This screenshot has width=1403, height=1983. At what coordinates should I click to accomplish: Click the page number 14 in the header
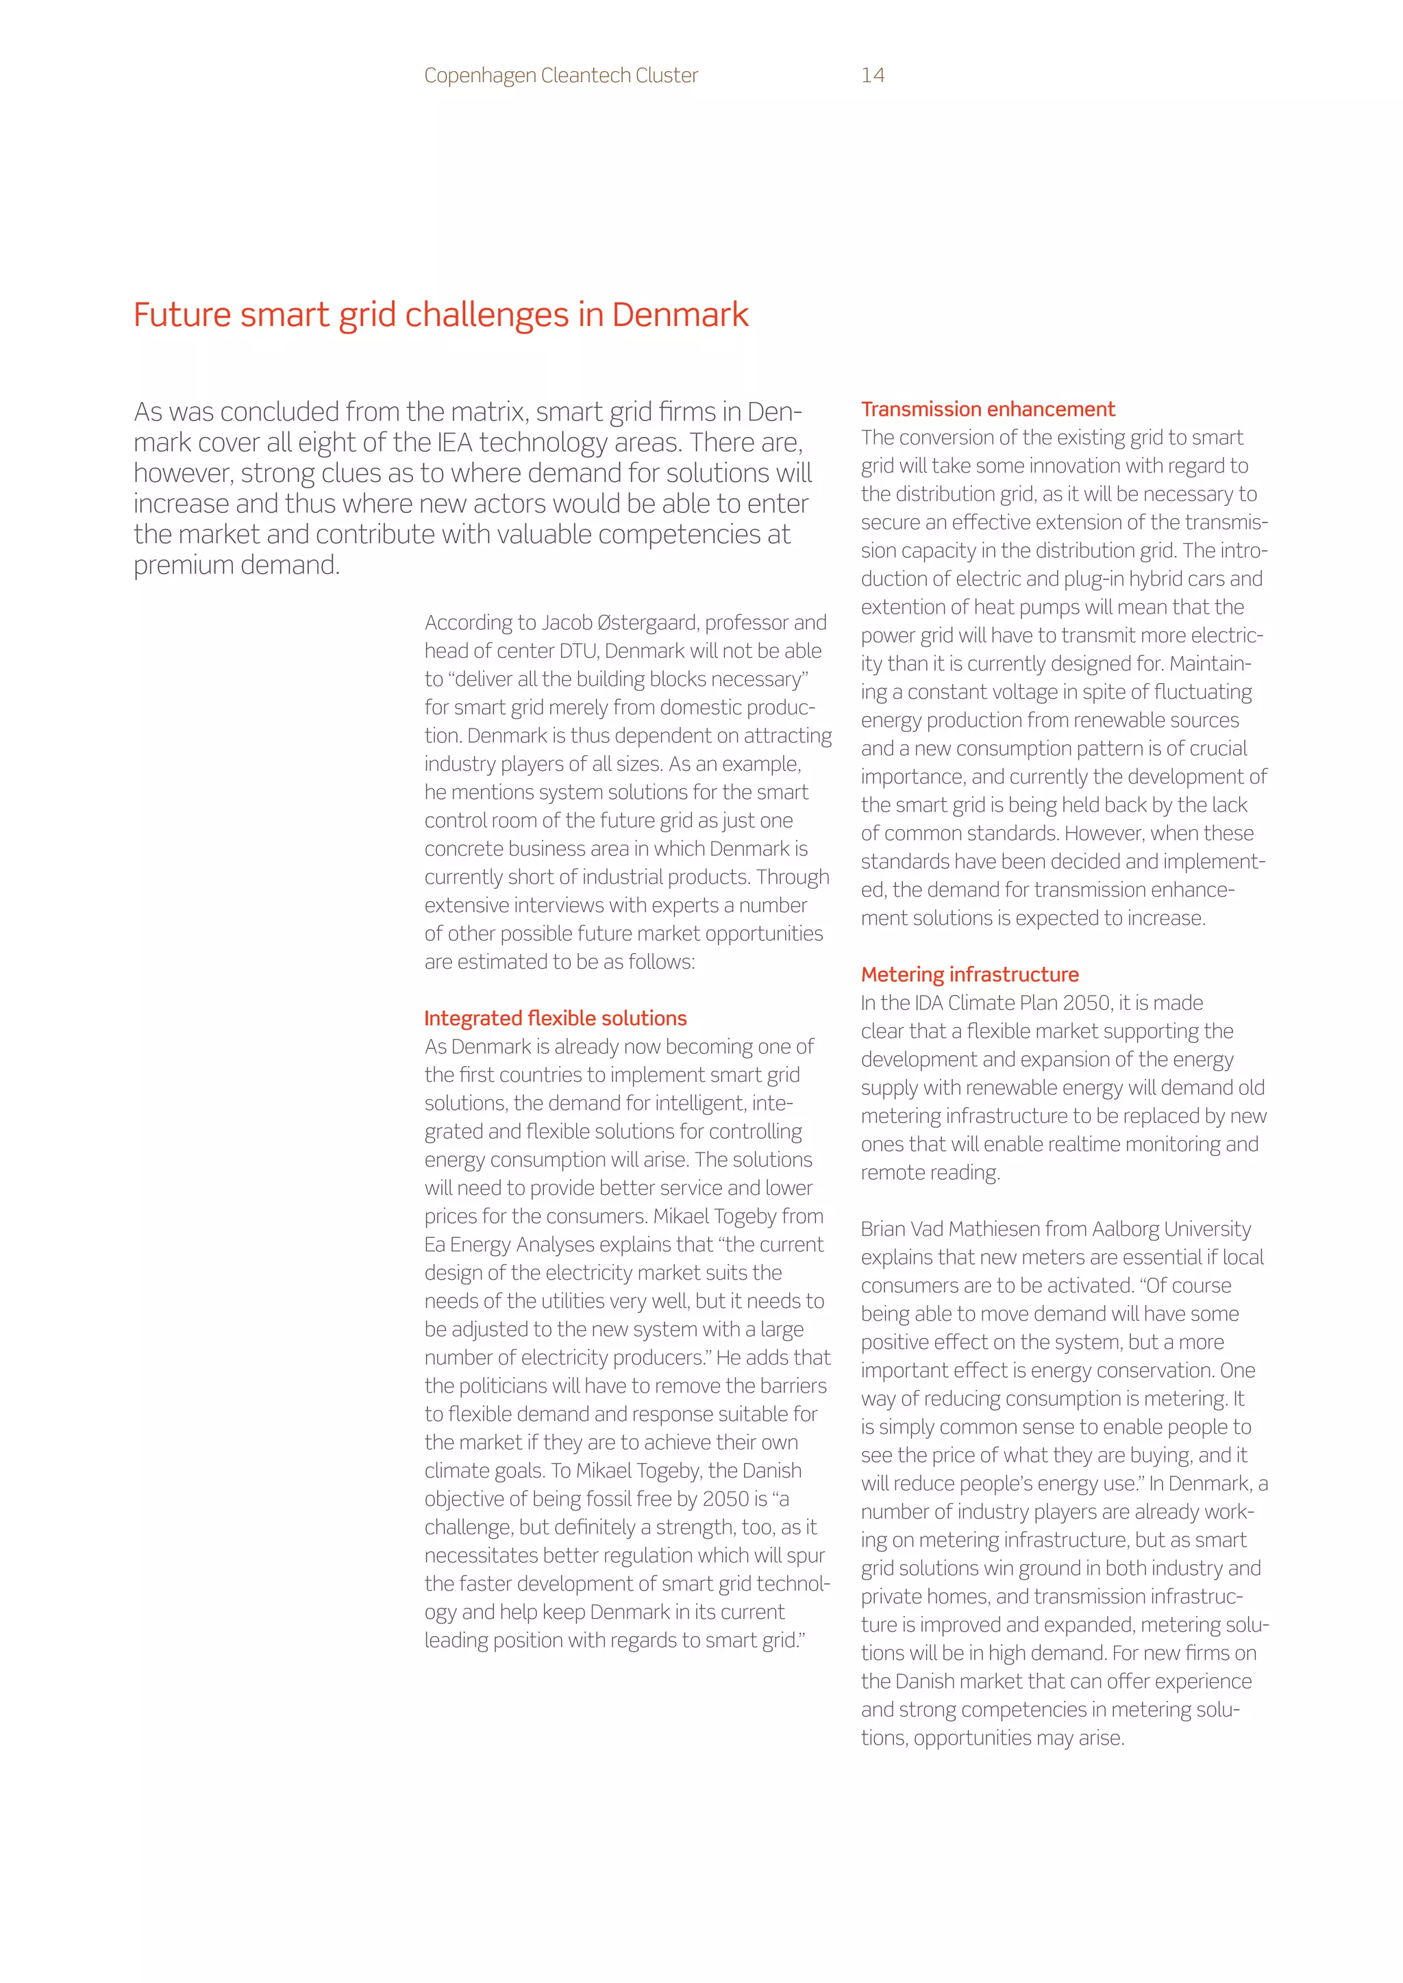coord(873,76)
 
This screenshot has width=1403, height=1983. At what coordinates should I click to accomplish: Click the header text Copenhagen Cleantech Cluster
coord(560,76)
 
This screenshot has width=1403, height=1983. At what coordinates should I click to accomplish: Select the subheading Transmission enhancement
coord(987,409)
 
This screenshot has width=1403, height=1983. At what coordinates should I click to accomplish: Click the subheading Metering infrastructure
coord(969,974)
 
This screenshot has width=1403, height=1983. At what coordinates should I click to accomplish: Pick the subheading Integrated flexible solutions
coord(556,1018)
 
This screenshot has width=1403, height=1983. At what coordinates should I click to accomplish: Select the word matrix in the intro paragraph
coord(480,412)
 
